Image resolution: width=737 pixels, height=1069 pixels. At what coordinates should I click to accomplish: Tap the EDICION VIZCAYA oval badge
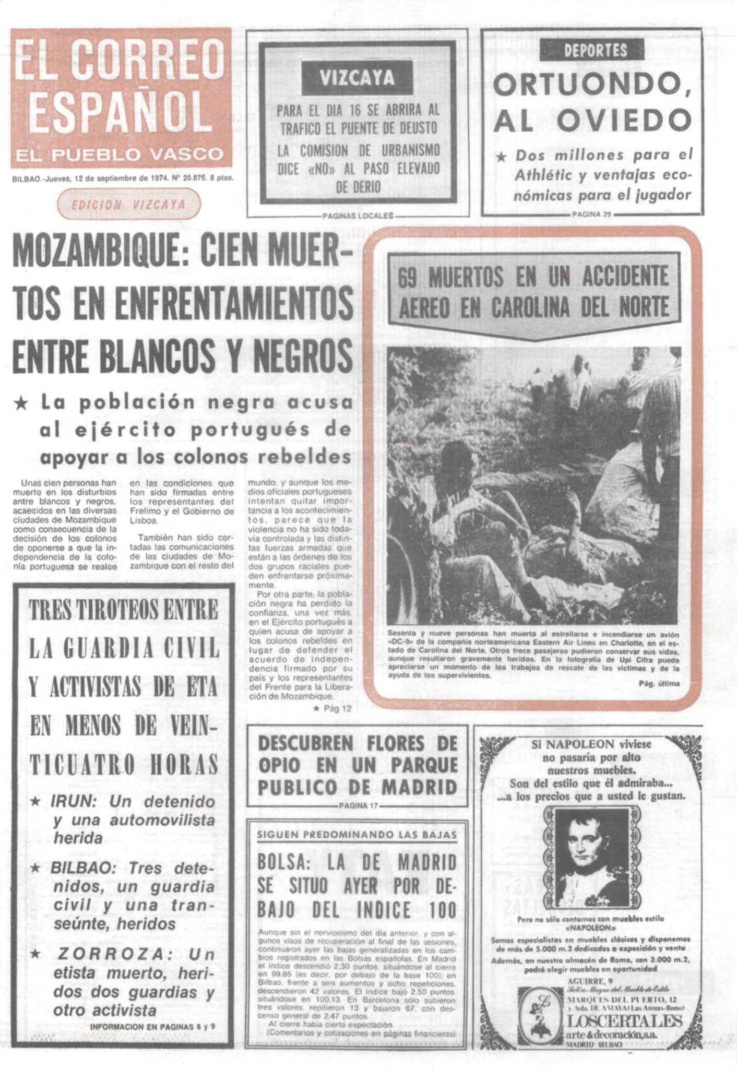[x=128, y=204]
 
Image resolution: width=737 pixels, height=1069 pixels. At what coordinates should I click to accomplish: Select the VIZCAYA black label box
[x=356, y=78]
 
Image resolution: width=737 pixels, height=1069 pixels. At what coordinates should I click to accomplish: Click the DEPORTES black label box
[x=592, y=50]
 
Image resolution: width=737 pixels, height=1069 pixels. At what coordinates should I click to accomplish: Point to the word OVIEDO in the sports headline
[x=624, y=120]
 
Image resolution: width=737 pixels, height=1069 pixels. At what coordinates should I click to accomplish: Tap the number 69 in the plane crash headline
[x=407, y=277]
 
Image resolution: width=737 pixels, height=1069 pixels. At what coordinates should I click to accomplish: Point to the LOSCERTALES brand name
[x=625, y=1020]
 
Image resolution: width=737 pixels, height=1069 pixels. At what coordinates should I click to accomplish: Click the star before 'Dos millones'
[x=501, y=157]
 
